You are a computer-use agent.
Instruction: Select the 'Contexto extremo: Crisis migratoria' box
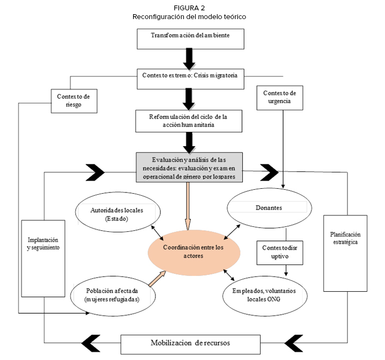[x=189, y=76]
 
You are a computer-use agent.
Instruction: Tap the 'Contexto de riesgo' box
[x=76, y=100]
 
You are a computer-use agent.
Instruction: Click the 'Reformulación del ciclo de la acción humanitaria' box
[x=189, y=121]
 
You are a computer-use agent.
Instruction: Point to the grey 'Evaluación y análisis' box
[x=189, y=167]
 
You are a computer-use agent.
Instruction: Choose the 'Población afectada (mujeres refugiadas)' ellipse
[x=113, y=295]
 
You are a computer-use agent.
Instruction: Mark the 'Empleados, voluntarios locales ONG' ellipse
[x=263, y=295]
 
